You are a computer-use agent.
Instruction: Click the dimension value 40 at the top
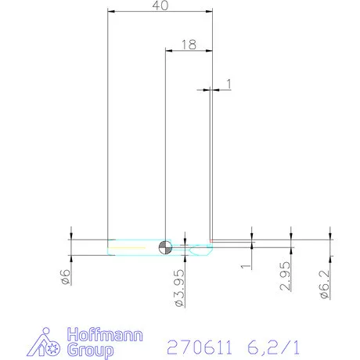point(160,5)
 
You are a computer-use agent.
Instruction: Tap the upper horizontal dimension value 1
point(229,83)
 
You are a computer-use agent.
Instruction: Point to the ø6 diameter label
point(66,276)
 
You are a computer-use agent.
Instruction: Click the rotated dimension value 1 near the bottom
point(248,266)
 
